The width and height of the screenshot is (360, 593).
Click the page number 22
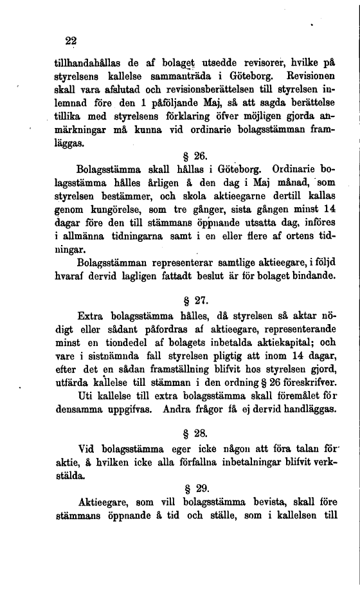(x=71, y=41)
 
